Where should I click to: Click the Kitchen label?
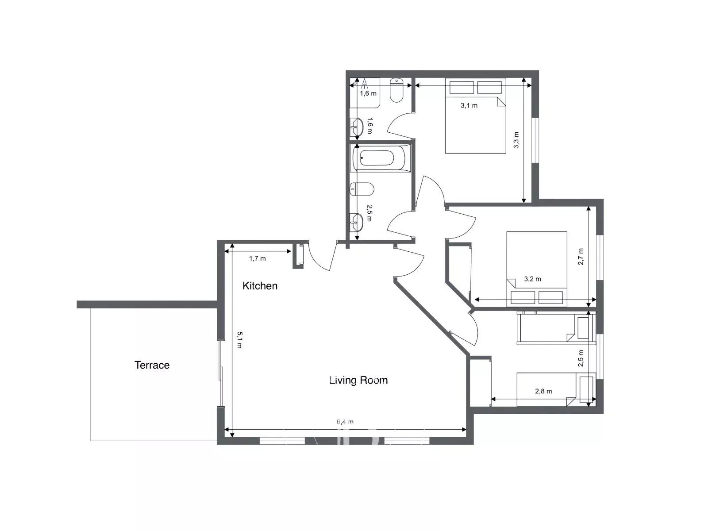[260, 286]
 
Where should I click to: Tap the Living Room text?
[358, 380]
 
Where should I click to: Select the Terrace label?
[152, 365]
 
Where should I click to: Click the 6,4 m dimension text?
[345, 422]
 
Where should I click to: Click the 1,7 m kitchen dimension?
[258, 258]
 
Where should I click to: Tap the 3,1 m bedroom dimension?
[469, 105]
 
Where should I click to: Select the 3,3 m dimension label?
[516, 140]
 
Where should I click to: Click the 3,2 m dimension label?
[532, 279]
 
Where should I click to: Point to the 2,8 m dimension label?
[543, 391]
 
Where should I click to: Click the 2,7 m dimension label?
[581, 257]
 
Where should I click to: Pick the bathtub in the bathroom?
[381, 158]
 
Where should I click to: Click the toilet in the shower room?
[396, 90]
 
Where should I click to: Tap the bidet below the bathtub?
[362, 189]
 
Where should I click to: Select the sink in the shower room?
[357, 127]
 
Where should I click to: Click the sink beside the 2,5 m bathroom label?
[357, 223]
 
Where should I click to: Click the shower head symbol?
[365, 83]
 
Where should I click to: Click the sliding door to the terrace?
[221, 373]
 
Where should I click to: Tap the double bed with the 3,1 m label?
[475, 115]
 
